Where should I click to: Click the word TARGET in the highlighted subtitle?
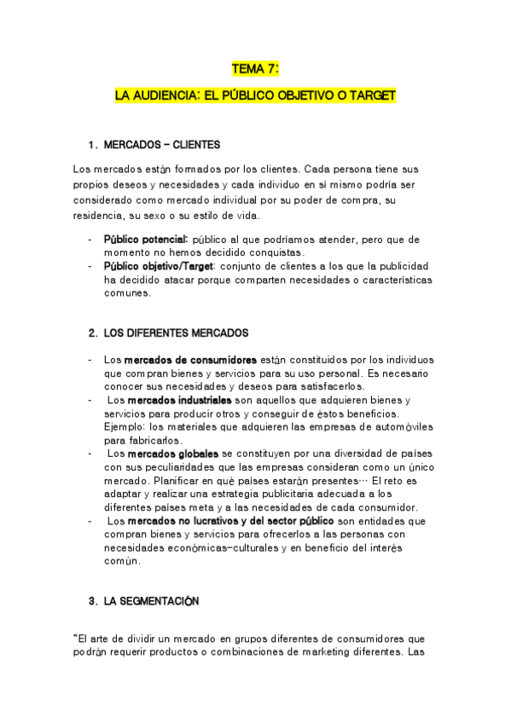tap(374, 96)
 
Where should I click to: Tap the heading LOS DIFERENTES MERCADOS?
tap(176, 333)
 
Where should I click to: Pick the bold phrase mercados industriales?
tap(182, 400)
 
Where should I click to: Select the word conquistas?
tap(276, 252)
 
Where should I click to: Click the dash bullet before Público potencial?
tap(90, 240)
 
